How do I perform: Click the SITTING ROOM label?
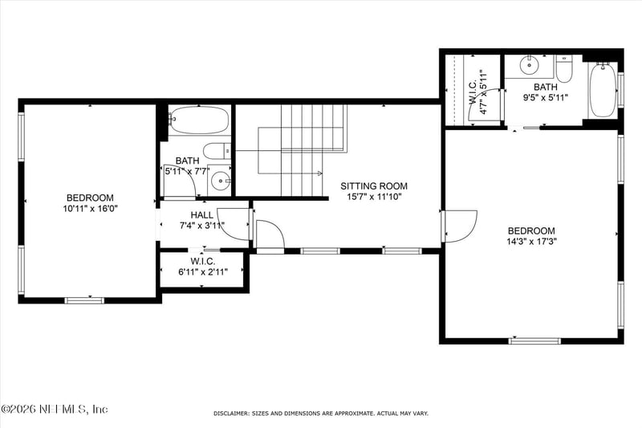point(374,186)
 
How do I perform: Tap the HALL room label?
point(201,215)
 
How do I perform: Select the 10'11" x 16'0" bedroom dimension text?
point(90,209)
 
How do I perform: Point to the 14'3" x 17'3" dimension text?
point(531,241)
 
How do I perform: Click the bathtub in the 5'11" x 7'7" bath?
point(199,120)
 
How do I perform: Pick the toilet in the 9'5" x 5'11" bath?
point(564,69)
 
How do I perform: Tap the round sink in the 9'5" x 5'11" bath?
point(530,65)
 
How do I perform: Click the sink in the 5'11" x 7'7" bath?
point(219,180)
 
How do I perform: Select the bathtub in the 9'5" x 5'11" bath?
point(603,90)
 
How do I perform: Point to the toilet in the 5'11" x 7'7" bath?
point(217,151)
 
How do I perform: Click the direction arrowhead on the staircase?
point(319,173)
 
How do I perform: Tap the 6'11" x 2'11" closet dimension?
point(203,271)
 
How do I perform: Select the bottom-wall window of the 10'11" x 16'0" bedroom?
point(84,300)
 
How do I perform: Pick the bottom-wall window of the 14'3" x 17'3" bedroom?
point(534,340)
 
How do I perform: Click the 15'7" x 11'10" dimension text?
point(374,197)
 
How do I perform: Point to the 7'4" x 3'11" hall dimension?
point(202,225)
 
